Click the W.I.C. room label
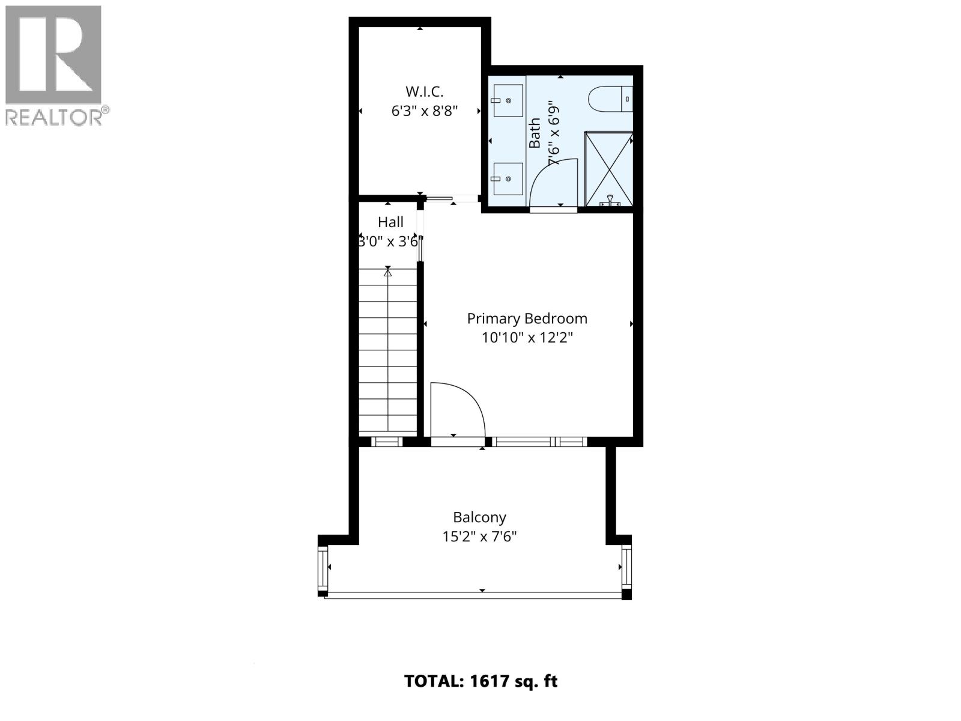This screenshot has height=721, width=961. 424,92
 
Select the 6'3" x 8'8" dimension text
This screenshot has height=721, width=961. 424,111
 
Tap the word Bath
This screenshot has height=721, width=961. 535,133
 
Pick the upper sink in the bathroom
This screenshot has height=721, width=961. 508,100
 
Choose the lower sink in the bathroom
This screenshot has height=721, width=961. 508,178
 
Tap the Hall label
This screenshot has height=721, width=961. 390,222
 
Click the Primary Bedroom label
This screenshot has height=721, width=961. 527,318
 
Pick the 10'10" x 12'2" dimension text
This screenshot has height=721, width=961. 527,338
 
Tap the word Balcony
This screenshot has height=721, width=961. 479,517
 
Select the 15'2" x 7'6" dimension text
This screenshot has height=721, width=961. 479,537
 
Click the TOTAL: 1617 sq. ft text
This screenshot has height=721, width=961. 480,681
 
